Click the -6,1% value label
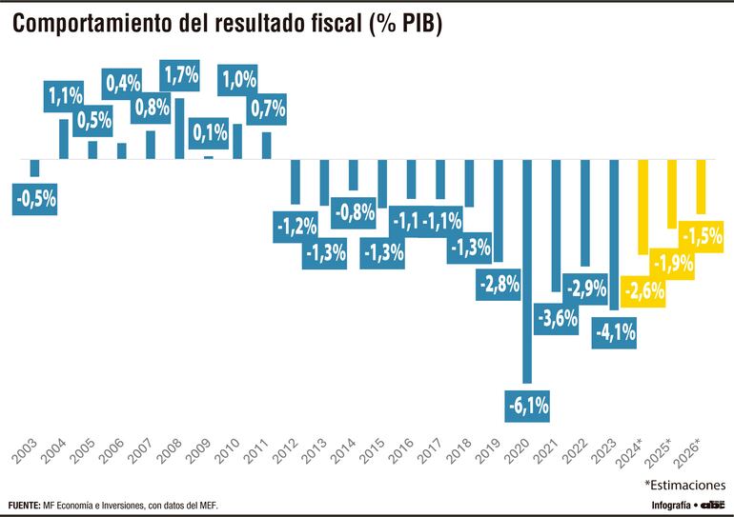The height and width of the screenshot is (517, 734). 527,407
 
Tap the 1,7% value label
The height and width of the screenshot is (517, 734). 179,75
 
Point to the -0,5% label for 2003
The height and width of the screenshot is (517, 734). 35,199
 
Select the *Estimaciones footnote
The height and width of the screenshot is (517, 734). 683,484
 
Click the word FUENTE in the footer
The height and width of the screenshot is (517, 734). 23,505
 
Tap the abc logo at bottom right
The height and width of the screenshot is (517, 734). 712,504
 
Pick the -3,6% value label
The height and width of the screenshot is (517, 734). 557,318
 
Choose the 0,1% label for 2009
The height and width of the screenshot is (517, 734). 209,133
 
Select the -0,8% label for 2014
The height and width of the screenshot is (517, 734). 354,213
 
